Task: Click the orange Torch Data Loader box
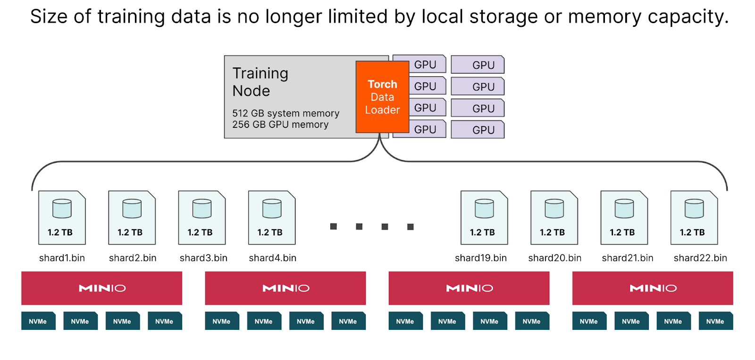382,97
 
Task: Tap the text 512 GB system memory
285,113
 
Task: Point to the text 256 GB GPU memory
280,125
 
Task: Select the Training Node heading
260,82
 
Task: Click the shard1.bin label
62,258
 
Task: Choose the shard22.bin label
700,258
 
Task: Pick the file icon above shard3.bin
202,218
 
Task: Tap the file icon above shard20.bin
554,218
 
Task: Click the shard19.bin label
481,258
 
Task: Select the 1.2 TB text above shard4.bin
270,233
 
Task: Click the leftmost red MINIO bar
101,288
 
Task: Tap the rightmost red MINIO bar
653,288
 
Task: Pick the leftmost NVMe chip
38,321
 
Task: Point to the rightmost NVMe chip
715,321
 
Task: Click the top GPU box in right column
478,65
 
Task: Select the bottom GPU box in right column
478,130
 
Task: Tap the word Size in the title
49,17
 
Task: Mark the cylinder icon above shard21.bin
624,208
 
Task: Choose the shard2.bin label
133,258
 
